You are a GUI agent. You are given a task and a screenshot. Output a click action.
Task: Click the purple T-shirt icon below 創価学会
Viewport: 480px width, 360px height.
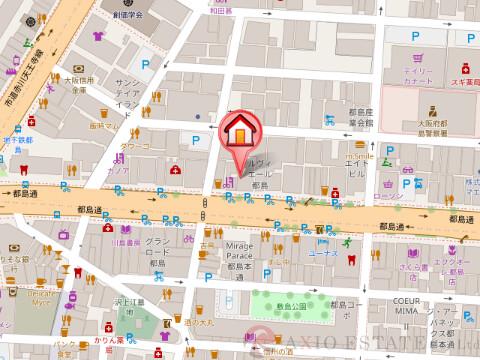click(97, 37)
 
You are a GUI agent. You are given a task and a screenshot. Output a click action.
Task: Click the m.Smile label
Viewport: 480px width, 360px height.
click(358, 157)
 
